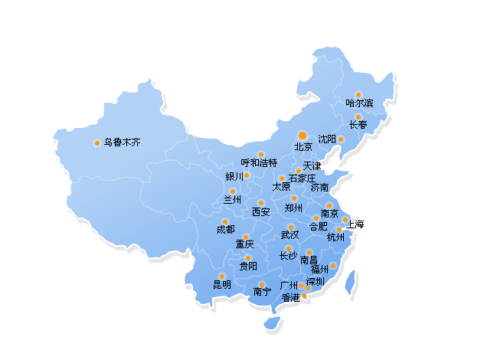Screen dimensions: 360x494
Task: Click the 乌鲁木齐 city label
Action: pyautogui.click(x=123, y=142)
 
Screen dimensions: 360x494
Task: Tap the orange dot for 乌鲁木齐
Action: pyautogui.click(x=97, y=142)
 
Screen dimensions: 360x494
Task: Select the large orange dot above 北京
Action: pyautogui.click(x=303, y=135)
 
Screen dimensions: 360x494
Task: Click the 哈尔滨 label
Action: pyautogui.click(x=359, y=103)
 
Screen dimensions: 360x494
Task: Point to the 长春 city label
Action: pyautogui.click(x=358, y=125)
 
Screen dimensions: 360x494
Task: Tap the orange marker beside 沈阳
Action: pyautogui.click(x=342, y=139)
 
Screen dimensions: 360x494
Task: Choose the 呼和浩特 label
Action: pyautogui.click(x=259, y=162)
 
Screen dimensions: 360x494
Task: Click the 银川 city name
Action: pyautogui.click(x=234, y=176)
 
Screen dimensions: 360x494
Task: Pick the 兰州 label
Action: pyautogui.click(x=232, y=199)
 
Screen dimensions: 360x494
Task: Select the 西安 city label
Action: pyautogui.click(x=261, y=211)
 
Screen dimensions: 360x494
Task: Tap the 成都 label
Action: pyautogui.click(x=225, y=229)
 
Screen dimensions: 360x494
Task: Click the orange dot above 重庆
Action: pyautogui.click(x=246, y=237)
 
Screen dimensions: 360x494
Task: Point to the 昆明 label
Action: pyautogui.click(x=222, y=284)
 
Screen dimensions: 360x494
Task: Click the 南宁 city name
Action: pyautogui.click(x=262, y=291)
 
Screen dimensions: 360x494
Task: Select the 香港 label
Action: pyautogui.click(x=291, y=297)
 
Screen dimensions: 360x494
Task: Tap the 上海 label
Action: pyautogui.click(x=355, y=224)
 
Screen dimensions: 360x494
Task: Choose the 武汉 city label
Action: pyautogui.click(x=290, y=234)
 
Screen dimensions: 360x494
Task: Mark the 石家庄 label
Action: pyautogui.click(x=302, y=178)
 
